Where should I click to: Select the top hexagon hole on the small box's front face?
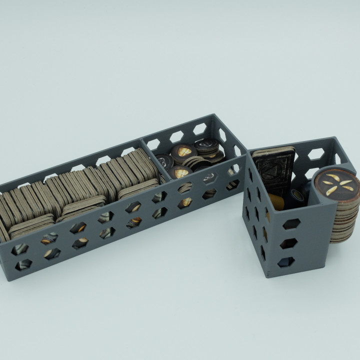(x=291, y=224)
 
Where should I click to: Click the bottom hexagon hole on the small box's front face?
(x=285, y=261)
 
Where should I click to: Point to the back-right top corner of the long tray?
(x=215, y=116)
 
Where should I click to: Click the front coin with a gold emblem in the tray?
(x=180, y=171)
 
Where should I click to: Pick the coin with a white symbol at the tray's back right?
(x=206, y=145)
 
